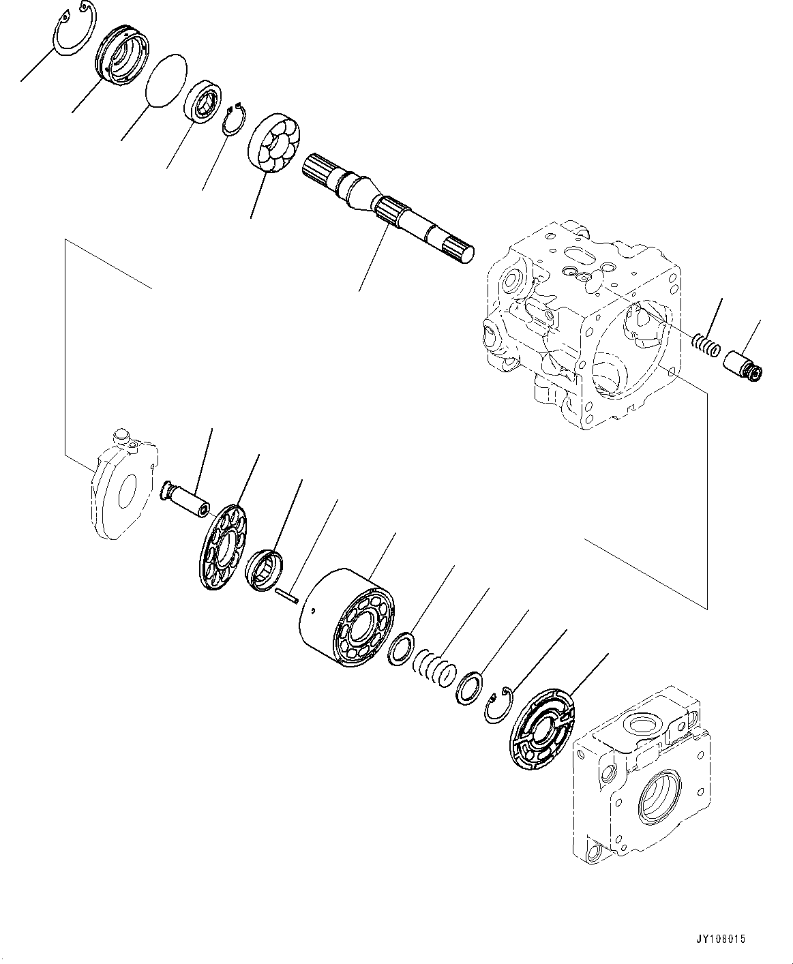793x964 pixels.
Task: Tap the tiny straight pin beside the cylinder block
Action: (287, 595)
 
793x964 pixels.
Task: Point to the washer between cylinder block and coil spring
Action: (400, 648)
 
